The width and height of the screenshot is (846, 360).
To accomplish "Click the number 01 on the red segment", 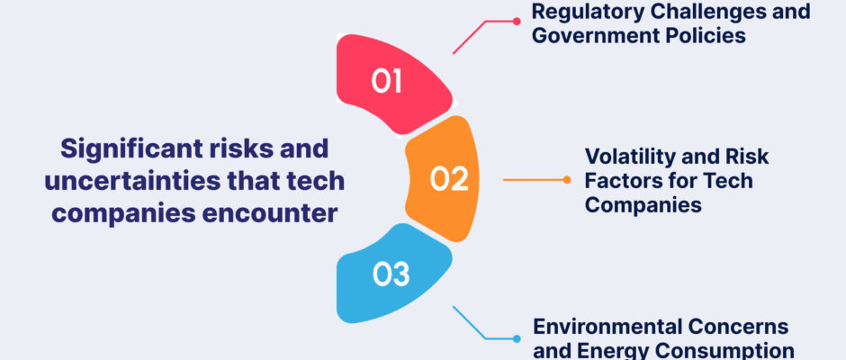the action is pyautogui.click(x=386, y=81).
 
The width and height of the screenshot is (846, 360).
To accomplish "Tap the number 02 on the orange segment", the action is pyautogui.click(x=449, y=179).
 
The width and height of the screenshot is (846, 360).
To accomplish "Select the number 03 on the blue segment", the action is pyautogui.click(x=391, y=274).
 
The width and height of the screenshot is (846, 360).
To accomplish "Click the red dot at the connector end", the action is pyautogui.click(x=517, y=22).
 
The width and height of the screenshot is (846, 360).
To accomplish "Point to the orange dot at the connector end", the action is pyautogui.click(x=566, y=180).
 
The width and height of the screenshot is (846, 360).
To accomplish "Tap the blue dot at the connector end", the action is pyautogui.click(x=517, y=339).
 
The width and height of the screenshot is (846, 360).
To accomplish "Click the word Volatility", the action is pyautogui.click(x=625, y=157).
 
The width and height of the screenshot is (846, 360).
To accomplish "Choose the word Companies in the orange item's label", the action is pyautogui.click(x=643, y=204).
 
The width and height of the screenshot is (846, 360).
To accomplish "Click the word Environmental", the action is pyautogui.click(x=609, y=327).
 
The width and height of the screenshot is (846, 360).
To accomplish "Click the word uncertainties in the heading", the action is pyautogui.click(x=132, y=181).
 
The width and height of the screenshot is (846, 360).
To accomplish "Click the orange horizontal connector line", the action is pyautogui.click(x=535, y=180).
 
